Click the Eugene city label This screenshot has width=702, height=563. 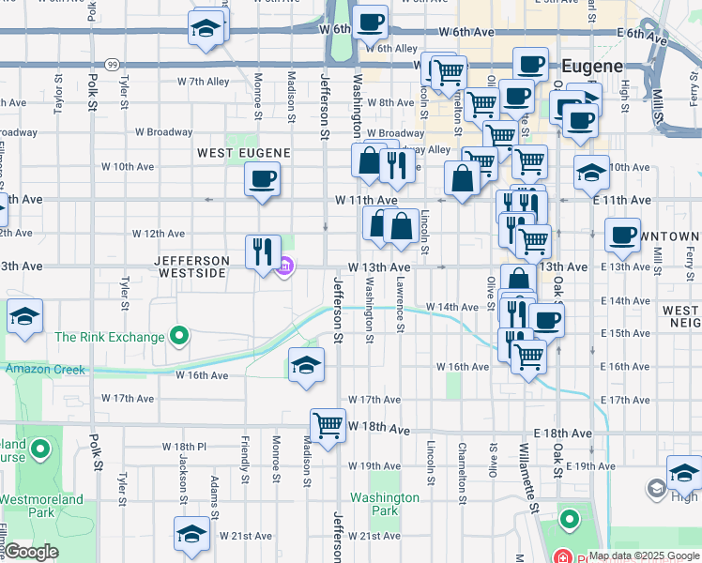pos(592,67)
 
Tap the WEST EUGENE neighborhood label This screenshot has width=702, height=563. pos(243,152)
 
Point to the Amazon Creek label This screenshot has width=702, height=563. pos(45,370)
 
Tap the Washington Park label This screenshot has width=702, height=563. pos(385,504)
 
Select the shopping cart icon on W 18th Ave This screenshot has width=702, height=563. pos(328,426)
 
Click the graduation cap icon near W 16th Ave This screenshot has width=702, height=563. pos(306,365)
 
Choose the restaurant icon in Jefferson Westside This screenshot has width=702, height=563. pos(263,251)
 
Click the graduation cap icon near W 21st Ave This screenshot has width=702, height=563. pos(191,534)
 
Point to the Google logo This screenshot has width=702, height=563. pos(31,552)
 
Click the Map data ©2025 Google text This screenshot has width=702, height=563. pos(644,555)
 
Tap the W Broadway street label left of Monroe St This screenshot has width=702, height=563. pos(163,133)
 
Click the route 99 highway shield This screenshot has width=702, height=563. pos(112,64)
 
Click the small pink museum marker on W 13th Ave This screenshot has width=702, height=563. pos(285,268)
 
